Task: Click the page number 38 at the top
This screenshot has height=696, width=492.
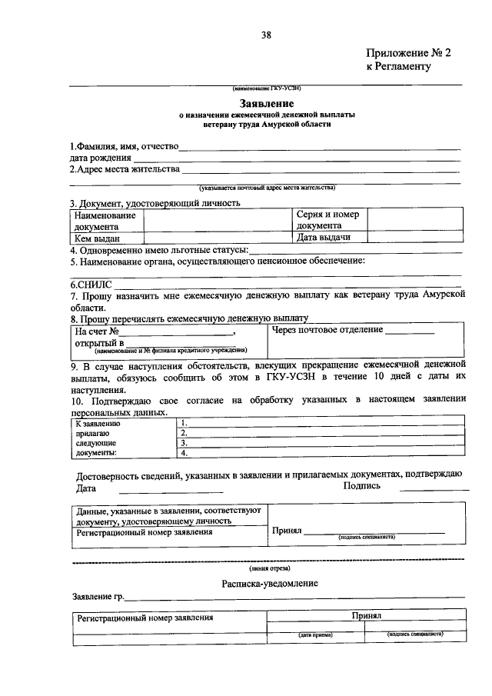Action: [x=265, y=35]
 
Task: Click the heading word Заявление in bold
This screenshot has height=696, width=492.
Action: [x=265, y=103]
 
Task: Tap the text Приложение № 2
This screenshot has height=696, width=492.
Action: [x=397, y=53]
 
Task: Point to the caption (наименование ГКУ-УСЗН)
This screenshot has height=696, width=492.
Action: [x=265, y=88]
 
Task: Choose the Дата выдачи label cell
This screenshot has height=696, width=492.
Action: [x=330, y=238]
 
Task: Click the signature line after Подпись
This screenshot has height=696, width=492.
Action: [x=434, y=490]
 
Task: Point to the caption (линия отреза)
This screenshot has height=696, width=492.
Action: [x=265, y=568]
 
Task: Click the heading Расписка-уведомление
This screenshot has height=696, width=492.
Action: [x=265, y=584]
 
